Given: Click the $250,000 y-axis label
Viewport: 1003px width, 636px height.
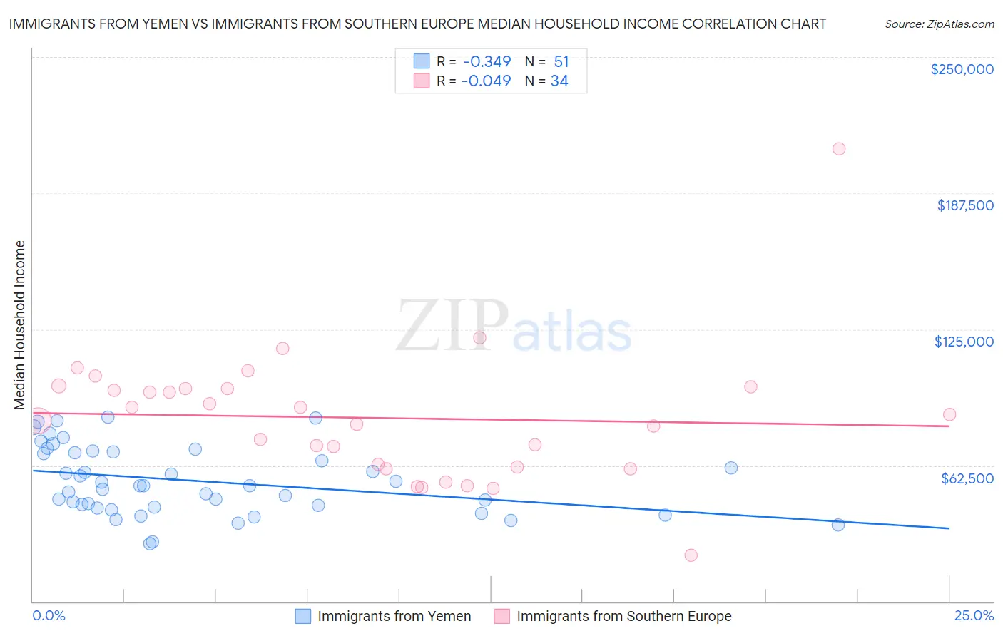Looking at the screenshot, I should point(962,69).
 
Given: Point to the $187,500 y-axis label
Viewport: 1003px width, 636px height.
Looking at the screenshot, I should point(965,205).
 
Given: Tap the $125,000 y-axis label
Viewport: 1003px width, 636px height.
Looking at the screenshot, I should point(964,342).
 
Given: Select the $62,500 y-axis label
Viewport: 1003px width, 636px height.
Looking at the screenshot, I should point(967,478).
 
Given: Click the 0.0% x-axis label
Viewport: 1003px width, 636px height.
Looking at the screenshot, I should point(49,615).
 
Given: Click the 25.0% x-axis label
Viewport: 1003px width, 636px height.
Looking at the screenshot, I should point(974,615).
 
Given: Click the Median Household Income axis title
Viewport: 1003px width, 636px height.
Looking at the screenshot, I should point(20,325).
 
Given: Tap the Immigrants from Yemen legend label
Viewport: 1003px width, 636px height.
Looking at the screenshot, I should point(394,616).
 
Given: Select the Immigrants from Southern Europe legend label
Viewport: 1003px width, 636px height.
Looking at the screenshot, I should point(623,616).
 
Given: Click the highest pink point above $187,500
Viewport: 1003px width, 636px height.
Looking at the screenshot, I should point(839,149).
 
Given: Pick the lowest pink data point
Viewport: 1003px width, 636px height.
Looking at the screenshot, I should point(691,555).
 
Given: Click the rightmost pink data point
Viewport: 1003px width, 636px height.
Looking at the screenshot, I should point(949,414).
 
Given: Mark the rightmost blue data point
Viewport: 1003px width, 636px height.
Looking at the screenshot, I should point(838,525).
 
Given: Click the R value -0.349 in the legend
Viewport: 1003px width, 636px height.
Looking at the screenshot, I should point(487,62).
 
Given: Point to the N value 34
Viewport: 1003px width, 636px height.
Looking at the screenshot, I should point(559,81).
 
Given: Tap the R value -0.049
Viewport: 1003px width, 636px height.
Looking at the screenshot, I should point(487,81).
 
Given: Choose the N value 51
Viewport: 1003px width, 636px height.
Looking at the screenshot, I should point(561,62).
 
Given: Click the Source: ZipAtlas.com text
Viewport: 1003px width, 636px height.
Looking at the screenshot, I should point(939,24).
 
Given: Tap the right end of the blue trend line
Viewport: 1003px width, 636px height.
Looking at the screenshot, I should point(949,528).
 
